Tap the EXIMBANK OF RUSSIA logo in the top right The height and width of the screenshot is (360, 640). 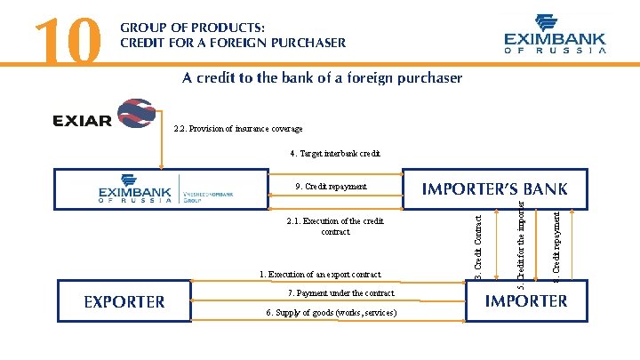tap(555, 35)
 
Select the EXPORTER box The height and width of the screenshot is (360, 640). tap(124, 301)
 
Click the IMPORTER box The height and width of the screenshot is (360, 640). tap(525, 300)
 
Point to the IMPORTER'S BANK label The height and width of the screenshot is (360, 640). tap(494, 188)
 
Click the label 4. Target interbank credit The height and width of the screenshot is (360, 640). tap(335, 153)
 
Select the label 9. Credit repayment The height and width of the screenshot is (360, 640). tap(330, 187)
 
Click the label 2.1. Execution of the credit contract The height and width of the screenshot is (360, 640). tap(335, 226)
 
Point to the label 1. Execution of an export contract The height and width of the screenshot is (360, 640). tap(320, 275)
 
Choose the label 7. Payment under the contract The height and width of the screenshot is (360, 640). tap(340, 292)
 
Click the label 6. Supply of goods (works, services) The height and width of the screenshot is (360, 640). tap(332, 312)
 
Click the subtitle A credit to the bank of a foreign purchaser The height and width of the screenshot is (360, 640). tap(323, 77)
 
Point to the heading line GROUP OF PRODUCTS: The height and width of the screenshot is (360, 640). tap(192, 28)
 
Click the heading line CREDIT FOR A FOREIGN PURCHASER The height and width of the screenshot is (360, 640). tap(233, 42)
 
